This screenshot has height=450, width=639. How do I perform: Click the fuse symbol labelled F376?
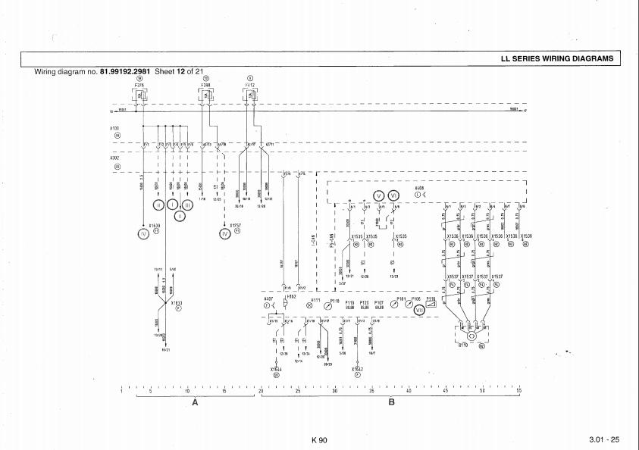point(139,95)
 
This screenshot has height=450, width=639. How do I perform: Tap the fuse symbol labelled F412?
point(251,95)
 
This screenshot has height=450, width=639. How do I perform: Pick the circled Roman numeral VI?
point(393,195)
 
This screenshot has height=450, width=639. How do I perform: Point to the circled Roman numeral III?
point(186,204)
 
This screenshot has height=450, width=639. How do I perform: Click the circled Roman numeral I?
point(173,204)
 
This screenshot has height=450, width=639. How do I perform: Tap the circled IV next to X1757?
point(224,233)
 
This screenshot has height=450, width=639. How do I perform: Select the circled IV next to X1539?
point(143,233)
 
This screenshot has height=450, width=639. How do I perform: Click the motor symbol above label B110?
point(470,333)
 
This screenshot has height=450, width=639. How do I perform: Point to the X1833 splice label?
point(177,302)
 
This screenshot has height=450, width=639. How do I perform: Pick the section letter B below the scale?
point(392,402)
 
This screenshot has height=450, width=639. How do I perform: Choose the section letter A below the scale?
point(195,402)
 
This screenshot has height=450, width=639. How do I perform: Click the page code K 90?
point(319,440)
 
